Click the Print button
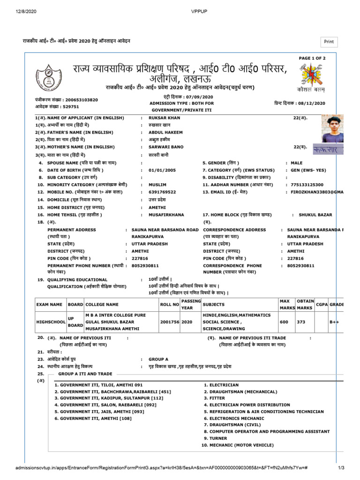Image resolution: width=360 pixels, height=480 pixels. point(329,42)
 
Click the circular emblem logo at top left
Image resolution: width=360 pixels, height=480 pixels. point(49,77)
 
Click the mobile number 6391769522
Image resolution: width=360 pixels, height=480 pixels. point(162,192)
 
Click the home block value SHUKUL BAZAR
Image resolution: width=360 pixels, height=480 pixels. point(315,215)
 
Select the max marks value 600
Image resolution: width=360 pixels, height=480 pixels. point(285,322)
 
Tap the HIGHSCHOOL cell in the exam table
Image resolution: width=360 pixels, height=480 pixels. point(52,322)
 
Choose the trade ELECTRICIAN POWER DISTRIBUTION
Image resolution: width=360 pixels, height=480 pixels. point(249,405)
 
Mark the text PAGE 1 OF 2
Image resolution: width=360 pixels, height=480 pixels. point(312,58)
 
